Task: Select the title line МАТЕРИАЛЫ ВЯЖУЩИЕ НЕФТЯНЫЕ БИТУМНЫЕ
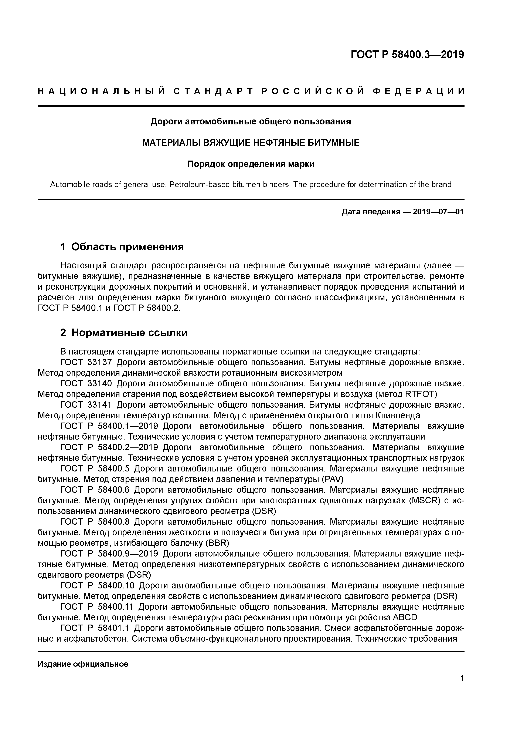coord(251,143)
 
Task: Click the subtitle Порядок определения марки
coord(251,164)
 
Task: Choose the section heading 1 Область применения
coord(122,247)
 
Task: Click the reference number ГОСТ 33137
coord(86,362)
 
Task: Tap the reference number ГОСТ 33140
coord(86,384)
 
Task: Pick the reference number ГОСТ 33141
coord(86,405)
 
